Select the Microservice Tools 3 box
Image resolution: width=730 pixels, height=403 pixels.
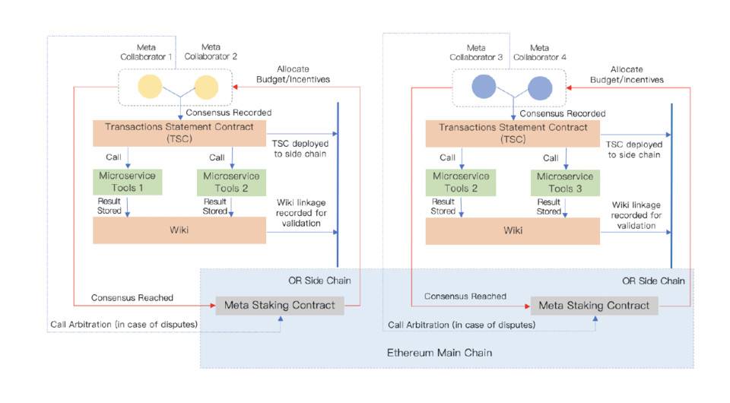(x=564, y=182)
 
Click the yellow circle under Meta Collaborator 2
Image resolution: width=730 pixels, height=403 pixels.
(x=205, y=87)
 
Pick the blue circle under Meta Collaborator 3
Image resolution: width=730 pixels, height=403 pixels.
(x=484, y=87)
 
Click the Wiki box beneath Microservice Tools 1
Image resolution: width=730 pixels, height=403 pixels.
(x=179, y=230)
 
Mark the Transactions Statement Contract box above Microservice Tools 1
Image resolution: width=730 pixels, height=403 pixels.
(x=179, y=133)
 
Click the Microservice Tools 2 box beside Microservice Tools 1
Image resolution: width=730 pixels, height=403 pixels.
(x=232, y=182)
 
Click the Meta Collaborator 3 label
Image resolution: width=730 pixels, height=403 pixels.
(x=476, y=52)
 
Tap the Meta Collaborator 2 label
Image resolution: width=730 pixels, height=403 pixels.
(x=211, y=51)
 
